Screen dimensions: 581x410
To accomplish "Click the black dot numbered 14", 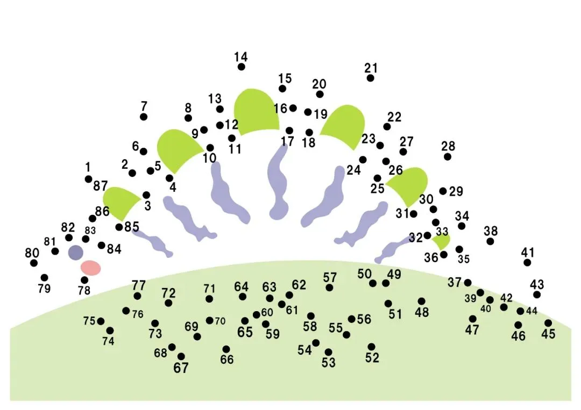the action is pyautogui.click(x=242, y=67).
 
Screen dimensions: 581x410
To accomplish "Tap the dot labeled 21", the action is pyautogui.click(x=371, y=78).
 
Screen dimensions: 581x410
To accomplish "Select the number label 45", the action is pyautogui.click(x=548, y=334).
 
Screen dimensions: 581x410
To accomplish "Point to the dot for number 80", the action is pyautogui.click(x=34, y=263).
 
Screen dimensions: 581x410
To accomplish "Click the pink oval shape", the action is pyautogui.click(x=91, y=268).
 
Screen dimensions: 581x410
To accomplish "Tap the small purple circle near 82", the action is pyautogui.click(x=75, y=252).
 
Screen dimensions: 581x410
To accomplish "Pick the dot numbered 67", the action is pyautogui.click(x=181, y=356).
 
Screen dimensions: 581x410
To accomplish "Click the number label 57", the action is pyautogui.click(x=330, y=278).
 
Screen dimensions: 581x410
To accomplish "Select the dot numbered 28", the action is pyautogui.click(x=448, y=156).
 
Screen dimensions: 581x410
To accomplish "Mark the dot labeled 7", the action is pyautogui.click(x=144, y=117).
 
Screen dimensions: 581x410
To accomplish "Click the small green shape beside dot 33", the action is pyautogui.click(x=442, y=241).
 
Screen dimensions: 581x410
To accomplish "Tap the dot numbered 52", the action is pyautogui.click(x=372, y=347).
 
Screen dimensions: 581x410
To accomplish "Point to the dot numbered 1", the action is pyautogui.click(x=88, y=179).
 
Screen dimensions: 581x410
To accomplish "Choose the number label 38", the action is pyautogui.click(x=491, y=231).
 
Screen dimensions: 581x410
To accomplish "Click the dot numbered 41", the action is pyautogui.click(x=527, y=262).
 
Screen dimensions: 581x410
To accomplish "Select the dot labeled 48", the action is pyautogui.click(x=421, y=301).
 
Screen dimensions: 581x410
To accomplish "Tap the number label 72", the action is pyautogui.click(x=168, y=293).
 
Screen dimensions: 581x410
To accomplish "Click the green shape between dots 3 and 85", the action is pyautogui.click(x=121, y=203).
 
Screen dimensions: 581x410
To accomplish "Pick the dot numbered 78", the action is pyautogui.click(x=84, y=280).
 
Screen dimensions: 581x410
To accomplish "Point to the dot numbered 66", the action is pyautogui.click(x=226, y=349).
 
